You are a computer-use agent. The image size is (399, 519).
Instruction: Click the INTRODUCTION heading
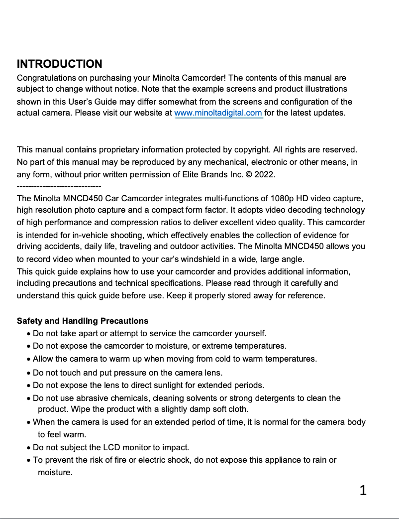tap(59, 64)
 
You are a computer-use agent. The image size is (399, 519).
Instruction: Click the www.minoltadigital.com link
tap(218, 113)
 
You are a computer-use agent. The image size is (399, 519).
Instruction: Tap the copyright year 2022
tap(264, 175)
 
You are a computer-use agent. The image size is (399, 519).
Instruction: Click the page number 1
tap(363, 491)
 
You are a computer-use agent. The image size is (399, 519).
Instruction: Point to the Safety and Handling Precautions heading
tap(83, 321)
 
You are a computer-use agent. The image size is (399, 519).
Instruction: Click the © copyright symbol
tap(249, 175)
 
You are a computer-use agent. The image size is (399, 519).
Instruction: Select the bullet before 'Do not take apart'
tap(29, 334)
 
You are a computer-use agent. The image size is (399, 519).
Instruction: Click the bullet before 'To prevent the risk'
tap(29, 460)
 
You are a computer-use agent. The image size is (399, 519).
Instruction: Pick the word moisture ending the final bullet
tap(55, 472)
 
